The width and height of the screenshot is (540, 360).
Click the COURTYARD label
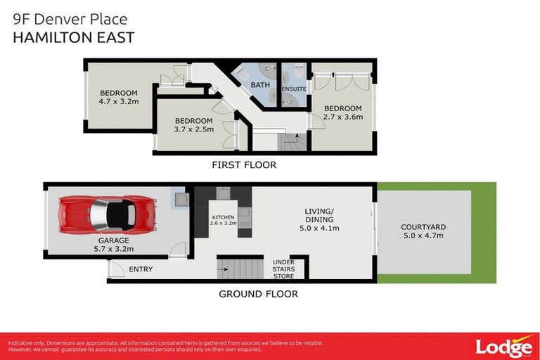coord(423,227)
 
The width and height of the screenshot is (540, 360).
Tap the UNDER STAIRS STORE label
coord(283,267)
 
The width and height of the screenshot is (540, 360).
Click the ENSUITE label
coord(294,89)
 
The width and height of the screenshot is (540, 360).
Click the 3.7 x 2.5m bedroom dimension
coord(193,129)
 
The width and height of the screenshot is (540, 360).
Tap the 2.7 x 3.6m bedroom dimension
coord(343,117)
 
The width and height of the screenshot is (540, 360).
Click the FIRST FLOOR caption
coord(244,166)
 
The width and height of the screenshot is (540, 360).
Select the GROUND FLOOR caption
coord(258,294)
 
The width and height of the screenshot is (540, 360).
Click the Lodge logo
coord(503,346)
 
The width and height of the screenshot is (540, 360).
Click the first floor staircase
coord(288,142)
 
